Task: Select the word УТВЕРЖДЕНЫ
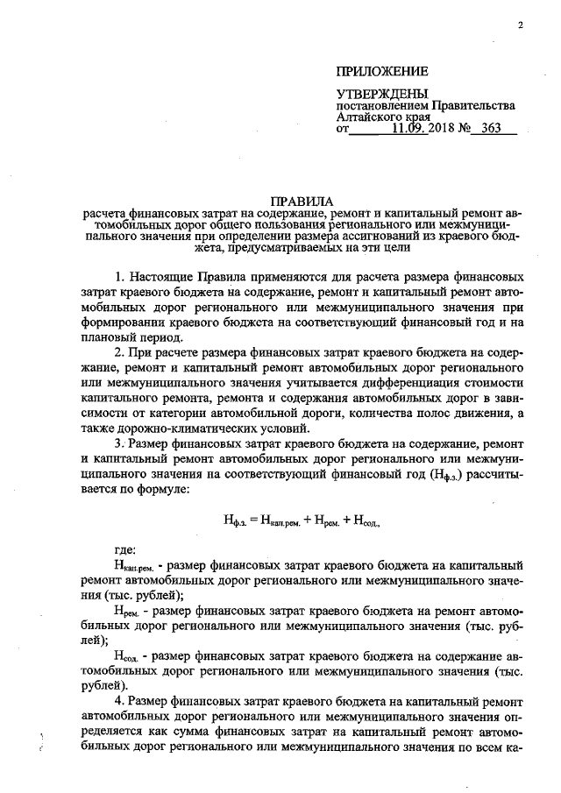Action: pyautogui.click(x=383, y=93)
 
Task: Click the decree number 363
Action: pyautogui.click(x=494, y=128)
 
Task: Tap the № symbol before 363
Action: pyautogui.click(x=463, y=128)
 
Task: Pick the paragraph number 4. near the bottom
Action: pyautogui.click(x=120, y=701)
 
